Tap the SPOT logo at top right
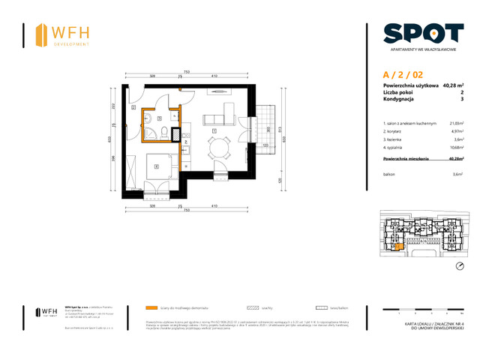point(423,34)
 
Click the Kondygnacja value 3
point(461,100)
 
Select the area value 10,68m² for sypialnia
point(454,148)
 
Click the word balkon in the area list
point(389,173)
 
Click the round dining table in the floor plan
point(218,148)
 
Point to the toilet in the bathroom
point(152,133)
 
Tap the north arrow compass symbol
point(459,268)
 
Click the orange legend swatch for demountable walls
point(153,307)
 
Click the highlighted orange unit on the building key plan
point(399,246)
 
